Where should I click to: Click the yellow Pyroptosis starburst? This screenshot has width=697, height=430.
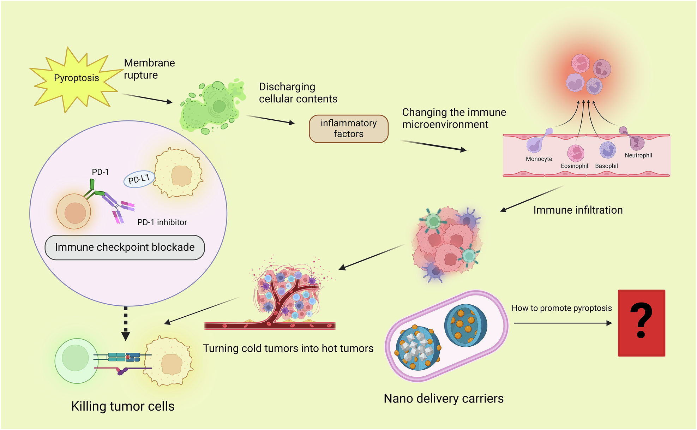76,78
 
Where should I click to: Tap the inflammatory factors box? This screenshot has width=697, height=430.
348,129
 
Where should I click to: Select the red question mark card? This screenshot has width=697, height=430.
641,323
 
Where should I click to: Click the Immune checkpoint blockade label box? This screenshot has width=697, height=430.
125,247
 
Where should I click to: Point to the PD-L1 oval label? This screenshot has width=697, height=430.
139,179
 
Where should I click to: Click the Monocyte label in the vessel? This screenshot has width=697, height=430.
539,159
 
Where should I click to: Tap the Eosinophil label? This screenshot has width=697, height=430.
574,166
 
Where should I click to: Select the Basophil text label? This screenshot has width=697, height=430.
606,166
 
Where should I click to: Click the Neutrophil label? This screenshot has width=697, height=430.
638,155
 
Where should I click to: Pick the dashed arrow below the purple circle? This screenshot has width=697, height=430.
126,323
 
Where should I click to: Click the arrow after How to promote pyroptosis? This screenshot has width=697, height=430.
563,323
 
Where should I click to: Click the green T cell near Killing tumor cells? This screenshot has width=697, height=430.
76,360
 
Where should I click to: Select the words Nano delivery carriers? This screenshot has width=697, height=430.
443,399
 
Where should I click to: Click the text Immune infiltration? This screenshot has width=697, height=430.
578,210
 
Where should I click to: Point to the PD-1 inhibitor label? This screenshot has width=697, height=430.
162,222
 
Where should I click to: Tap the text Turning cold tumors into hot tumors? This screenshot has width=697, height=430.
288,348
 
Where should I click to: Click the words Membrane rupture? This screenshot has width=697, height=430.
149,69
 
